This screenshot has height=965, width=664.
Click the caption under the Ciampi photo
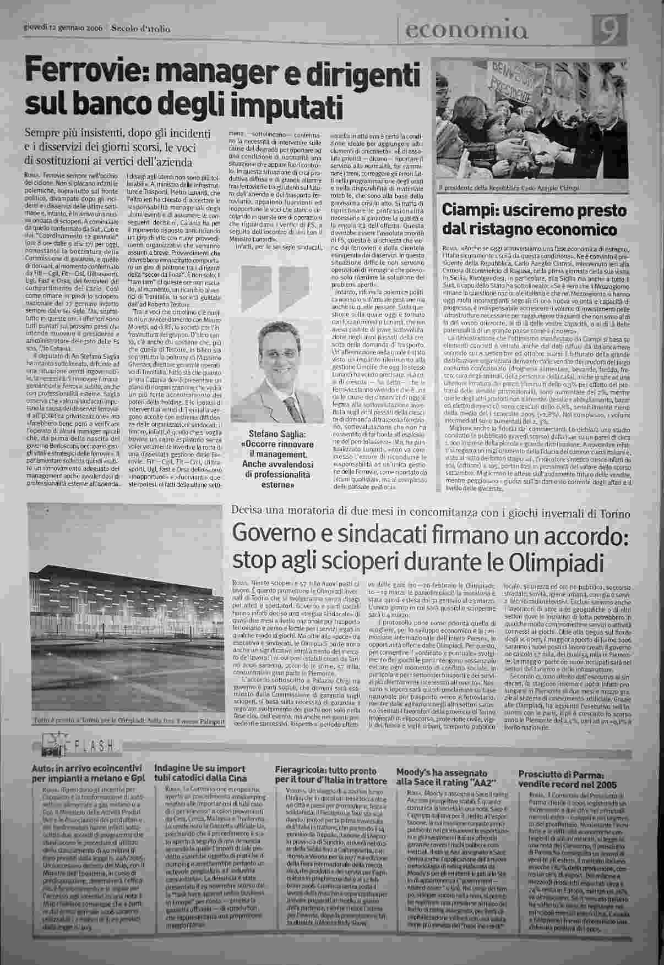(x=509, y=188)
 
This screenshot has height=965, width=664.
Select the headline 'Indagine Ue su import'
(x=196, y=768)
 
